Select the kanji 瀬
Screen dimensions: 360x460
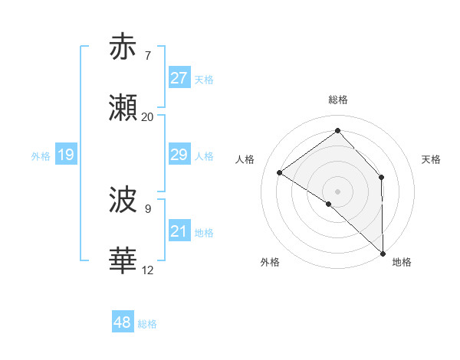(123, 109)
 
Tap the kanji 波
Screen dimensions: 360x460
(123, 201)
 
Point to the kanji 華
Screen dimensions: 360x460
(123, 261)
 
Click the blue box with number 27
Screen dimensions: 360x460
(179, 78)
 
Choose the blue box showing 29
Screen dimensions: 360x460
(179, 155)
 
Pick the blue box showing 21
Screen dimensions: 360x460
(179, 231)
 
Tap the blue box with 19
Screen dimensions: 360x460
(66, 155)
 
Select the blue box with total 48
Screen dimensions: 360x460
(123, 322)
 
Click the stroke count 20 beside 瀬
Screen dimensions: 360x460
(147, 117)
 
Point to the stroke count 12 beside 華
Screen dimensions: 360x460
(147, 270)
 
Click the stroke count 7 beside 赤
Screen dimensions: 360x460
(147, 55)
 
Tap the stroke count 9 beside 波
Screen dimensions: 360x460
(147, 208)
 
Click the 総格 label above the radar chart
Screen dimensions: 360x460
(337, 100)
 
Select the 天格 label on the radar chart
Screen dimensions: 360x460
(431, 159)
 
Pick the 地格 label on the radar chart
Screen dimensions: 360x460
(402, 262)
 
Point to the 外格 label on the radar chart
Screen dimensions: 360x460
(270, 262)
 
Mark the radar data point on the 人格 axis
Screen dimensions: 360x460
(280, 172)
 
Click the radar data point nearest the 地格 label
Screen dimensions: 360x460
(382, 253)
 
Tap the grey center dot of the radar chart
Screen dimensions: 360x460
(337, 191)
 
